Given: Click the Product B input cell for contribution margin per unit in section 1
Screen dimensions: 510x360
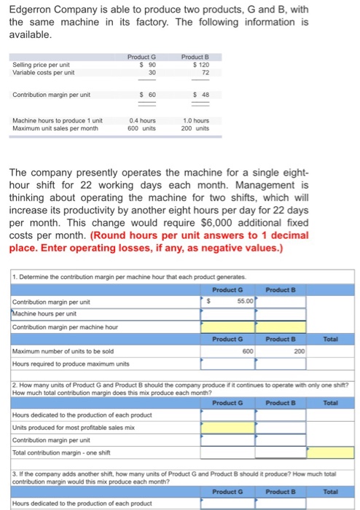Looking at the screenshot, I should pyautogui.click(x=280, y=301).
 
